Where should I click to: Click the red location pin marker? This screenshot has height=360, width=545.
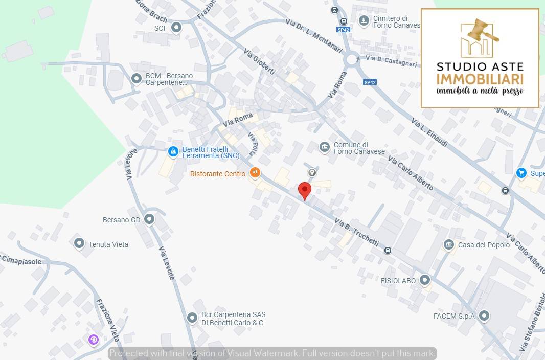305,190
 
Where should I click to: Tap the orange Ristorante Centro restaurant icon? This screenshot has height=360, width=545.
255,173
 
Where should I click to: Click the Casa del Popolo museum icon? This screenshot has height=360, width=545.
449,245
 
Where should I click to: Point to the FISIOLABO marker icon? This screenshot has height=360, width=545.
425,280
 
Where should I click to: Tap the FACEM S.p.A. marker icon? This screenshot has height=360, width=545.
483,316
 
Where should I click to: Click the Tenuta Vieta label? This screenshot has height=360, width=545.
108,244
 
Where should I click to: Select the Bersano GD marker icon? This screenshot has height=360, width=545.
149,220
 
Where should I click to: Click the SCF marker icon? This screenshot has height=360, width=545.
176,28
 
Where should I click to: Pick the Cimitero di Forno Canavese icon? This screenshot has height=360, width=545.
364,21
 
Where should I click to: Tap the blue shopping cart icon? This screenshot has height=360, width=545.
521,173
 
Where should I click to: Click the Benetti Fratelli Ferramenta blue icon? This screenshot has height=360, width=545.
173,152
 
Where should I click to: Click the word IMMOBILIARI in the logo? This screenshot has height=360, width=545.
480,79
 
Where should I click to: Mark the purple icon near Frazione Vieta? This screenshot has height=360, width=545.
93,340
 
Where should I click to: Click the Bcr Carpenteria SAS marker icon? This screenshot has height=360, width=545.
192,318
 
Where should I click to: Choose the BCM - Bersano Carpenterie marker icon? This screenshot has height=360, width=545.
137,79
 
